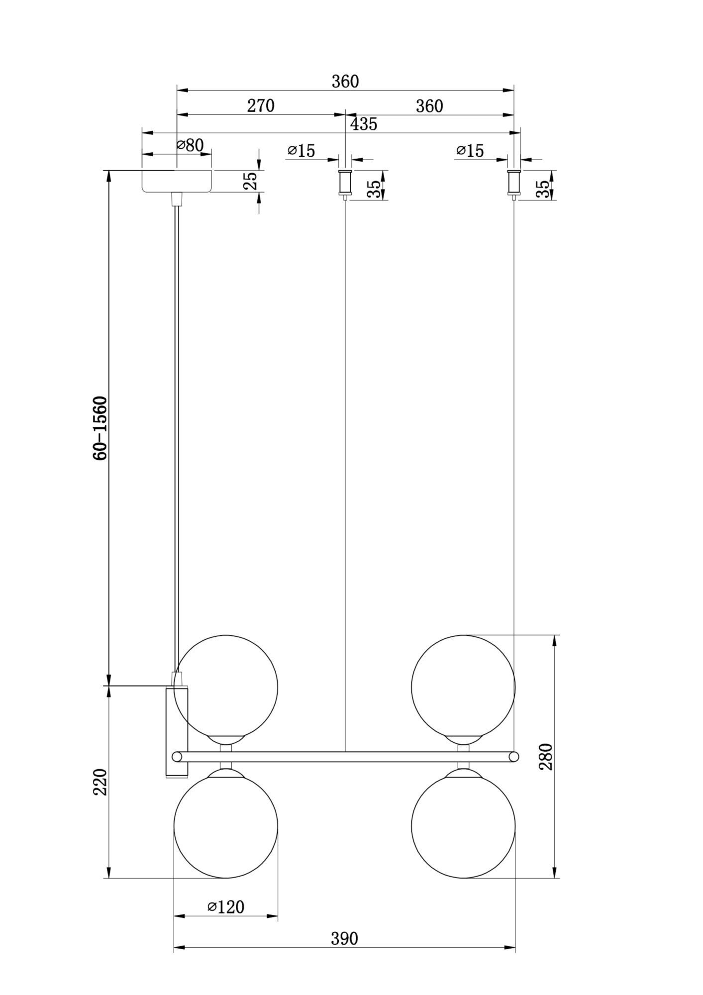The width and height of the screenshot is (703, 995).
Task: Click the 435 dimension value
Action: (363, 124)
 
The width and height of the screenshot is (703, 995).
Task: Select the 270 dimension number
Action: (261, 106)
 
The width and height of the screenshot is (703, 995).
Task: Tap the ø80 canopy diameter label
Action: (190, 145)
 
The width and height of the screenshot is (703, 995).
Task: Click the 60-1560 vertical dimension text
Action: (100, 428)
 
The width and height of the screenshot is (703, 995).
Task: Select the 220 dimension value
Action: (100, 782)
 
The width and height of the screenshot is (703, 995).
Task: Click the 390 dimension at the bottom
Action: (344, 939)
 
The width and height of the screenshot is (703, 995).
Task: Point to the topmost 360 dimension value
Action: (345, 82)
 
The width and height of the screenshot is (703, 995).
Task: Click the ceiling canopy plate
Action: (177, 181)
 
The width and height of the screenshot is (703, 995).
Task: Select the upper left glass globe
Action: (226, 687)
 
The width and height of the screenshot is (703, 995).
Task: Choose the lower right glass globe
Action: (463, 826)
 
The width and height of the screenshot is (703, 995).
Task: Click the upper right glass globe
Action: (463, 687)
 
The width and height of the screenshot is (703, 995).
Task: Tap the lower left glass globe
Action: (226, 826)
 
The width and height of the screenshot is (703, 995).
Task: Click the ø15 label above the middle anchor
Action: (301, 151)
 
